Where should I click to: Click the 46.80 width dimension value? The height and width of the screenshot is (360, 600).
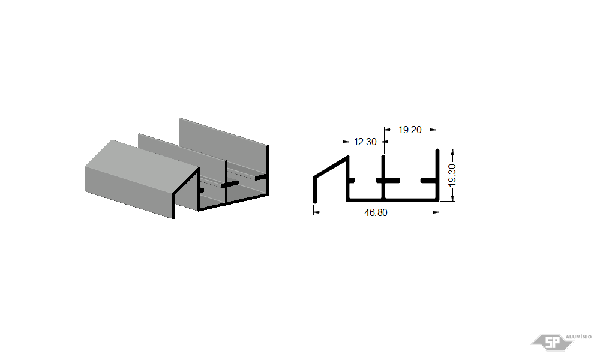(376, 212)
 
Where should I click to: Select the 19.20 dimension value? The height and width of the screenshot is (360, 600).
(409, 130)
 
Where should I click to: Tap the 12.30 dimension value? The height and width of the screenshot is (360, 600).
(365, 142)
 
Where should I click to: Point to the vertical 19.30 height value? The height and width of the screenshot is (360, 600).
(452, 175)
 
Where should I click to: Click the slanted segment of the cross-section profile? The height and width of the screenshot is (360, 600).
(331, 167)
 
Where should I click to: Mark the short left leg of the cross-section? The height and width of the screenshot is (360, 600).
(315, 190)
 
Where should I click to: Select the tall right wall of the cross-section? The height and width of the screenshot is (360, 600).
(437, 175)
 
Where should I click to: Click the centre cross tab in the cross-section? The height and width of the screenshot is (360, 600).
(388, 181)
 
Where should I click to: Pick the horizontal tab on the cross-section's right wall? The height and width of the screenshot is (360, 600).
(429, 180)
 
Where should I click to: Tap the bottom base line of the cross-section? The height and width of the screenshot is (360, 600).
(392, 200)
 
